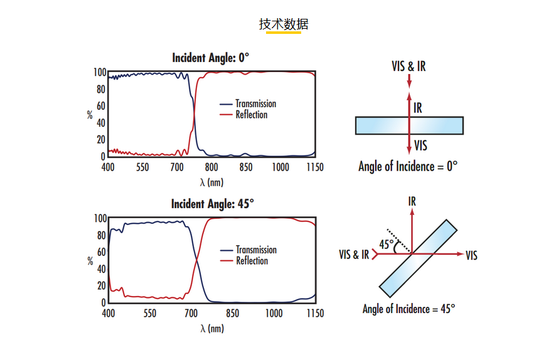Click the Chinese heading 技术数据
(284, 24)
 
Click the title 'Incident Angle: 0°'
(210, 58)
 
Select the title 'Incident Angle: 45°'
(212, 204)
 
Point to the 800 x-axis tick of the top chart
(211, 167)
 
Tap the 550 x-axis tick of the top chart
(142, 167)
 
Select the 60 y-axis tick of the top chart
(100, 106)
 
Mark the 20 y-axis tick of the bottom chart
(100, 286)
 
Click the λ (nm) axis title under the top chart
(211, 182)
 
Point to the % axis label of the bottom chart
(90, 261)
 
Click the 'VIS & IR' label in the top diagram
(408, 66)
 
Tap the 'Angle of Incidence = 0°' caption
(407, 167)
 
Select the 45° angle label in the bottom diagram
(387, 244)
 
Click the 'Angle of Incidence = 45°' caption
(408, 309)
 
